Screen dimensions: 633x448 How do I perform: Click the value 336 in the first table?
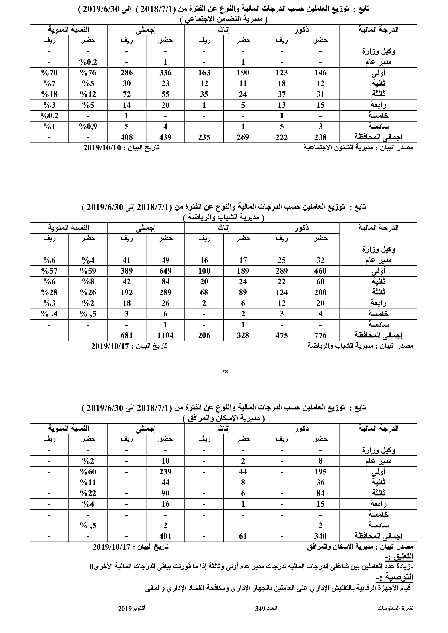pos(165,73)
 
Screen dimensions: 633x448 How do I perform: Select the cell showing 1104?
pos(165,336)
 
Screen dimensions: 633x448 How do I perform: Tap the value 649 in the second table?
pos(165,271)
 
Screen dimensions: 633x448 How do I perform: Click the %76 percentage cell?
pos(88,73)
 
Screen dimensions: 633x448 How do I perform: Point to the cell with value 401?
pos(165,536)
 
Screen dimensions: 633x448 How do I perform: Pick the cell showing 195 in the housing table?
pos(320,472)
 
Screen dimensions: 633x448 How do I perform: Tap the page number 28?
pos(225,372)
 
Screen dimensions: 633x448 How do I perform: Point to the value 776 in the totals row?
pos(320,336)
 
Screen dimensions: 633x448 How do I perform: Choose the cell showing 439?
pos(165,137)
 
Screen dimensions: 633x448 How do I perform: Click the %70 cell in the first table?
pos(49,73)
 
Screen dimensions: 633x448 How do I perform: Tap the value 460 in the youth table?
pos(320,271)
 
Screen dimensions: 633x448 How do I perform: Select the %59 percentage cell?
pos(88,271)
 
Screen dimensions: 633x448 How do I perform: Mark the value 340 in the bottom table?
pos(320,536)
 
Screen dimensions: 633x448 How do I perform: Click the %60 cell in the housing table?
pos(88,472)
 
